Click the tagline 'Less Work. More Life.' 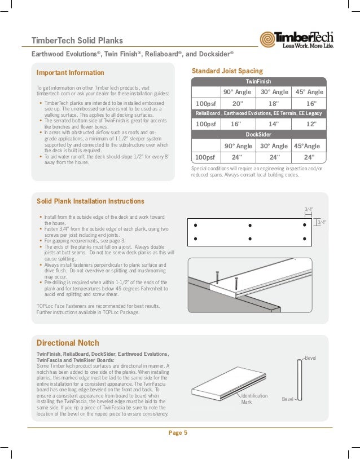(308, 46)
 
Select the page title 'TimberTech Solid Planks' (77, 40)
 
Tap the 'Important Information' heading (71, 73)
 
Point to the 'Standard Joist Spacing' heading (227, 71)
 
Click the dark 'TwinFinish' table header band (259, 81)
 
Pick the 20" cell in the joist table (238, 103)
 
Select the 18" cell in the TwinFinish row (274, 103)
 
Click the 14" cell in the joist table (274, 123)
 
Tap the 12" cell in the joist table (310, 123)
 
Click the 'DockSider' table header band (259, 135)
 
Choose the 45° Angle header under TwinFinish (310, 92)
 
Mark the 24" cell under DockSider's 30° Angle (274, 157)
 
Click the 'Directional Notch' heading (68, 342)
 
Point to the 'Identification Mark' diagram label (254, 399)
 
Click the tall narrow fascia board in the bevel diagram (300, 382)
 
